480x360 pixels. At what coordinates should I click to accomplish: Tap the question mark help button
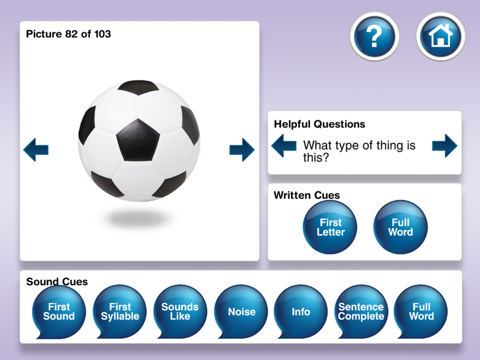pos(374,36)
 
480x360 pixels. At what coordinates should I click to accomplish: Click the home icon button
pos(441,36)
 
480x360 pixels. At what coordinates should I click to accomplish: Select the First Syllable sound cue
pos(120,312)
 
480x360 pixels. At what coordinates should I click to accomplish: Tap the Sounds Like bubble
pos(180,312)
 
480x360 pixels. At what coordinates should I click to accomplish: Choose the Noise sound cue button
pos(241,312)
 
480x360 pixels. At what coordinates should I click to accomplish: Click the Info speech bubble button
pos(301,312)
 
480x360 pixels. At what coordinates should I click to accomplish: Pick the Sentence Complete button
pos(361,312)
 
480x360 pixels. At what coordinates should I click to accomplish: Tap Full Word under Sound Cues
pos(421,312)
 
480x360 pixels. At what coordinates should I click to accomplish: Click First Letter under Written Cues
pos(330,227)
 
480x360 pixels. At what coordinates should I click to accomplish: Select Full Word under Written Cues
pos(400,227)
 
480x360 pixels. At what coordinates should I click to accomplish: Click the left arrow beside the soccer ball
pos(36,150)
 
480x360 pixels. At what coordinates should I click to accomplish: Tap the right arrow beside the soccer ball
pos(242,150)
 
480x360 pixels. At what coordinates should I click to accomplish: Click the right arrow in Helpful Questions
pos(445,146)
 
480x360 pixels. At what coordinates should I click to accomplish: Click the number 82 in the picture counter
pos(72,34)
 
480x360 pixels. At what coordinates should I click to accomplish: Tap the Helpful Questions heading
pos(320,124)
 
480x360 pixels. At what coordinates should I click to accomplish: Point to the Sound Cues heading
pos(57,281)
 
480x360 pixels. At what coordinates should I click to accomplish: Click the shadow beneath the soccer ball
pos(138,218)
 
